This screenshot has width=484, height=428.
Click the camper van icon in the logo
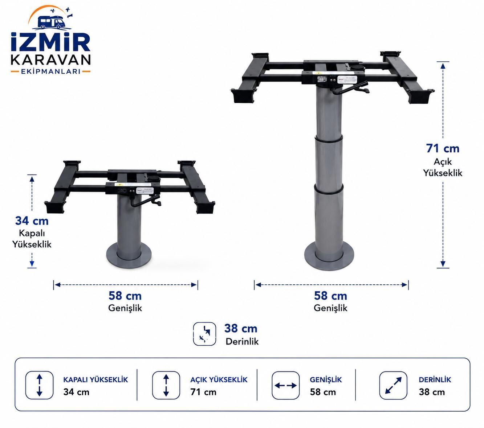tap(51, 22)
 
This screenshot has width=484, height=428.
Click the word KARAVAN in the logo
tap(50, 60)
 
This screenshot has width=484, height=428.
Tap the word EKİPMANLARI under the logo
tap(50, 71)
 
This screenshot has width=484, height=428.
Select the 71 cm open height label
tap(443, 148)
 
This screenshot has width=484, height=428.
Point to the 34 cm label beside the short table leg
tap(32, 221)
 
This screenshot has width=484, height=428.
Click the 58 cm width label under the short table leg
tap(125, 296)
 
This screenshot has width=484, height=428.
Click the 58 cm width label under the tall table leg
tap(330, 296)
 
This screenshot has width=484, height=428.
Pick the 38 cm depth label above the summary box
tap(241, 329)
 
